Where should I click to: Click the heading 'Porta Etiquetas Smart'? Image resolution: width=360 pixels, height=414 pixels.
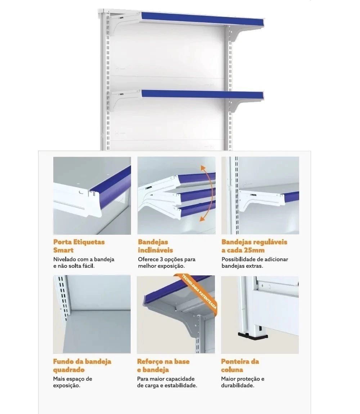click(79, 246)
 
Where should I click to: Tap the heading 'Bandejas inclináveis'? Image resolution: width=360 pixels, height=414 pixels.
click(155, 246)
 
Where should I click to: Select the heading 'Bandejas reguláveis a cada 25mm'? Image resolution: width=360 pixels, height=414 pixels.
click(255, 246)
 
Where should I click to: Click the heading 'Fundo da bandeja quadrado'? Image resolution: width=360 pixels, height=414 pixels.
click(82, 365)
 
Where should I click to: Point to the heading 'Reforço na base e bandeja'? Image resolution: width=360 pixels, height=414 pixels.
click(163, 365)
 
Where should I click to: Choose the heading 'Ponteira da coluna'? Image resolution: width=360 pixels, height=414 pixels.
click(240, 365)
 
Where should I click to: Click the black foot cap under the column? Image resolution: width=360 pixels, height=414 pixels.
click(253, 336)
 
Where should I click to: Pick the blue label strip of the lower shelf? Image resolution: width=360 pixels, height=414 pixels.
click(203, 95)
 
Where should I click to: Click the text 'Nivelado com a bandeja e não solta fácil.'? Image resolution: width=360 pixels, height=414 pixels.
click(84, 262)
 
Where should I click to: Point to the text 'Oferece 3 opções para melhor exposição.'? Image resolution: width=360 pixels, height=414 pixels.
click(167, 262)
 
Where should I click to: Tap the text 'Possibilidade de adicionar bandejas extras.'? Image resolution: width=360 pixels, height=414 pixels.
click(255, 262)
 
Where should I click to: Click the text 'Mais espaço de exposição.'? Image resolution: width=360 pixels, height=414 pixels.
click(73, 382)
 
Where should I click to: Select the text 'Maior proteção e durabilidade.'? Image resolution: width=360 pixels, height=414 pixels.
click(243, 382)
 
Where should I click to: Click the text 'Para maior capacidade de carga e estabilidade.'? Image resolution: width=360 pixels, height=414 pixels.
click(167, 382)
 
